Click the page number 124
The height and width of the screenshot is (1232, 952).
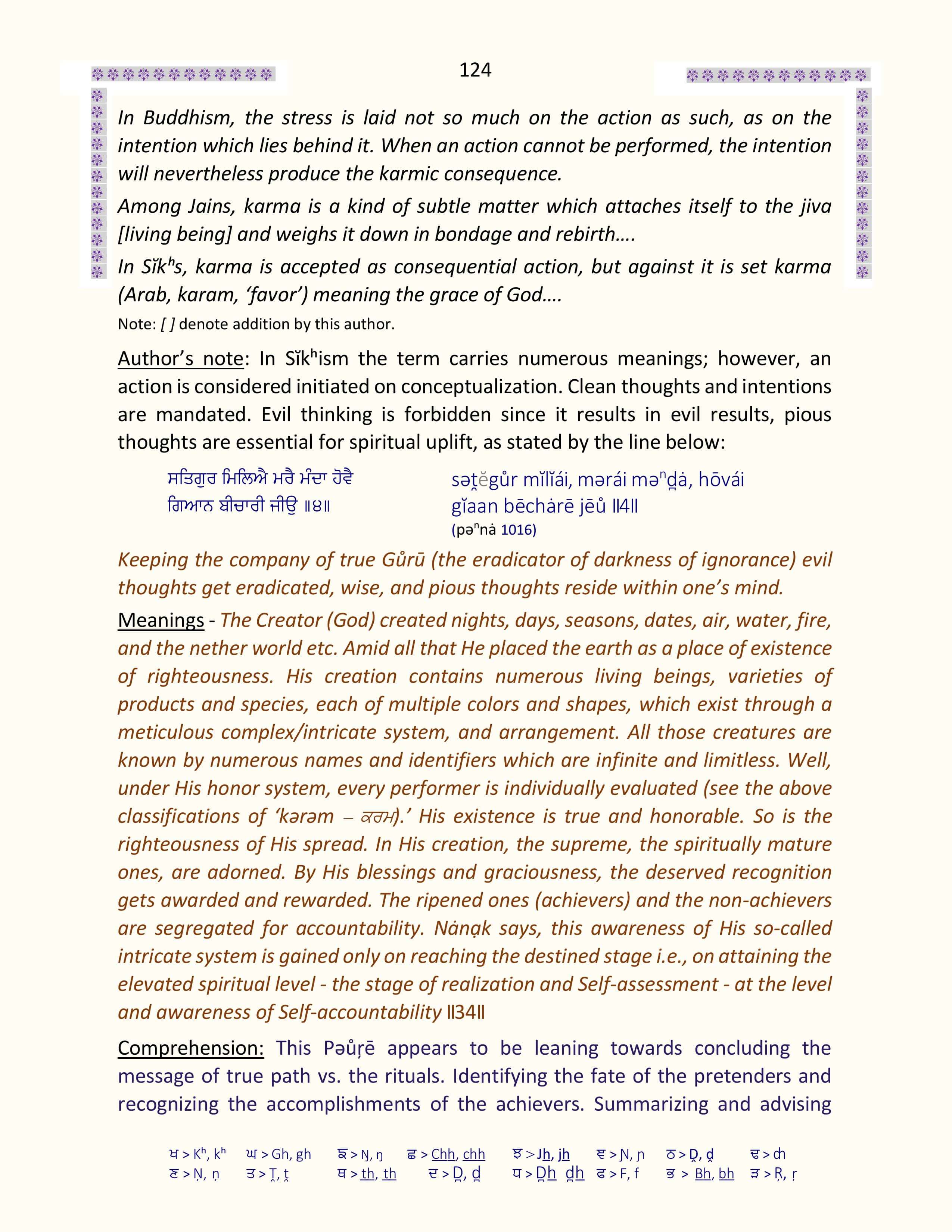[475, 70]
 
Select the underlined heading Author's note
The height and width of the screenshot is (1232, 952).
[180, 359]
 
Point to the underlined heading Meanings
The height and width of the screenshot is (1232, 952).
[161, 620]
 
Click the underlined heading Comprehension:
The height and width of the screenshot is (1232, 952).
[191, 1048]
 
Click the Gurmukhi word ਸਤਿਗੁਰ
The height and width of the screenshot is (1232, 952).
[192, 479]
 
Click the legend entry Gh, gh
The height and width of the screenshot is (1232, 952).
[291, 1154]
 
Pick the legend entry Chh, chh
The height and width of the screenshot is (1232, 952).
[458, 1154]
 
